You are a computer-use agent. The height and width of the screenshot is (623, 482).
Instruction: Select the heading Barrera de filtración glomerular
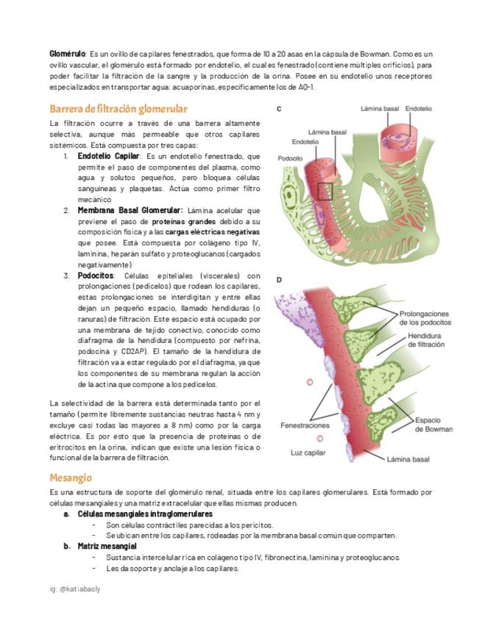click(118, 109)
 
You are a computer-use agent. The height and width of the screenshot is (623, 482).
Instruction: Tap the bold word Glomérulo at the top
click(67, 54)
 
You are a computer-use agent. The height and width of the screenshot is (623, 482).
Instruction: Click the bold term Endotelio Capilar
click(108, 156)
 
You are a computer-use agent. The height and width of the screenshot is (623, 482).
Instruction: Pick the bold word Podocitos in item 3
click(95, 276)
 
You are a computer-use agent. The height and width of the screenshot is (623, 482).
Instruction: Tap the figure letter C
click(279, 109)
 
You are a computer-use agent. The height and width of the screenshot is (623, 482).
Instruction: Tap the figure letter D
click(279, 280)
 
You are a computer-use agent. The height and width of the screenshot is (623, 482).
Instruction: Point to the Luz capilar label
click(308, 452)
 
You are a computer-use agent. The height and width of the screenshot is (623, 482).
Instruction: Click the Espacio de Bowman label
click(433, 424)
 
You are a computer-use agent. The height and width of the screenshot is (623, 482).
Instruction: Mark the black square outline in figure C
click(325, 192)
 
